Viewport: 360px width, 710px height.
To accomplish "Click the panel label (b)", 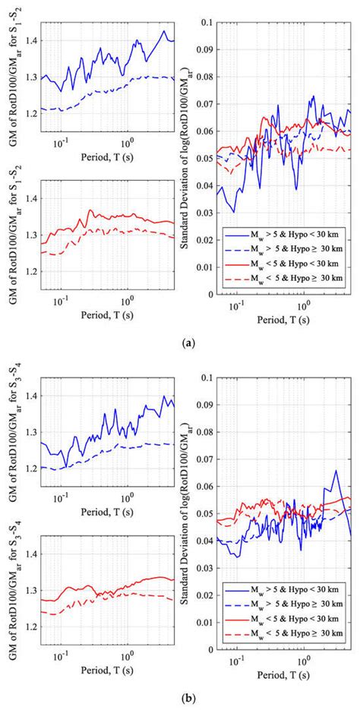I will pyautogui.click(x=180, y=695).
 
